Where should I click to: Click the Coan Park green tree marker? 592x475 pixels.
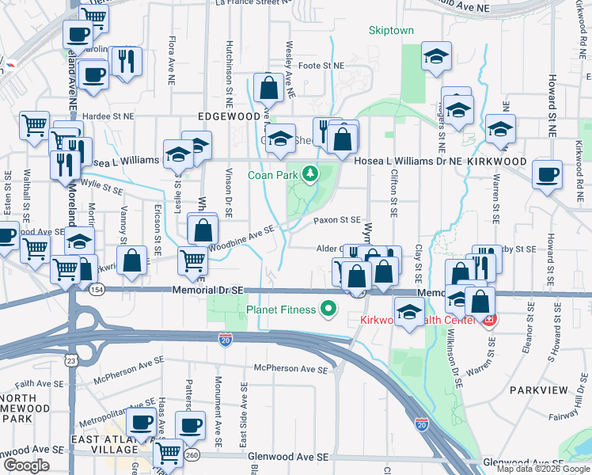point(312,173)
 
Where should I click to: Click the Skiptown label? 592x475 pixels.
point(391,31)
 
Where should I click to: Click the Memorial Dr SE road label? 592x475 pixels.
point(206,291)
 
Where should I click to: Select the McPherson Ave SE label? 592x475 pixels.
point(290,369)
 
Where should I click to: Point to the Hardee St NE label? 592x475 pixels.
point(108,116)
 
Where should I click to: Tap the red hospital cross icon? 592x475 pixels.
point(489,320)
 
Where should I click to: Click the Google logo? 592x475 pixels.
point(26,465)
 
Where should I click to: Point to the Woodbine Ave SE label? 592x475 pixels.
point(242,234)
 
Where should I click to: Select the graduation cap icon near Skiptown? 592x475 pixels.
point(435,56)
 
